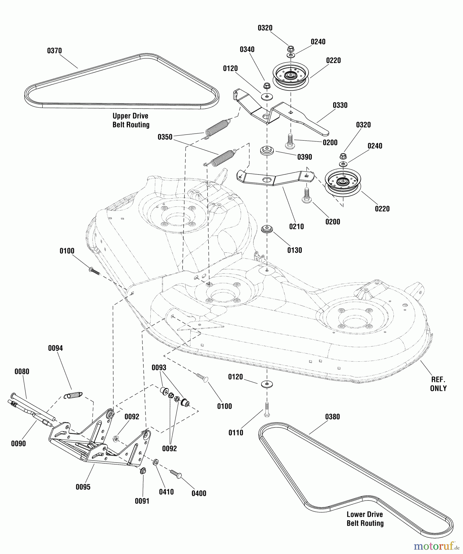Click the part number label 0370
pyautogui.click(x=54, y=51)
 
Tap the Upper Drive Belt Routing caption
pyautogui.click(x=131, y=120)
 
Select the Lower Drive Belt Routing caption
pyautogui.click(x=365, y=519)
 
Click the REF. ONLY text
pyautogui.click(x=438, y=384)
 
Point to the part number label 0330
pyautogui.click(x=340, y=105)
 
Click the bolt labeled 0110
pyautogui.click(x=267, y=410)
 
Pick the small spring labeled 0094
pyautogui.click(x=73, y=395)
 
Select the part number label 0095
pyautogui.click(x=83, y=487)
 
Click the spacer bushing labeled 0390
pyautogui.click(x=267, y=151)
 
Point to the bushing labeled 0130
pyautogui.click(x=267, y=229)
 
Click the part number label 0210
pyautogui.click(x=296, y=227)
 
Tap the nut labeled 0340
pyautogui.click(x=267, y=85)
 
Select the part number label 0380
pyautogui.click(x=332, y=417)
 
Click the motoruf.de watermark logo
pyautogui.click(x=437, y=546)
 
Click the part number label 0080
pyautogui.click(x=22, y=371)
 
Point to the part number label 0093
pyautogui.click(x=159, y=367)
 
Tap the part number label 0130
pyautogui.click(x=294, y=250)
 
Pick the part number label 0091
pyautogui.click(x=142, y=501)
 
